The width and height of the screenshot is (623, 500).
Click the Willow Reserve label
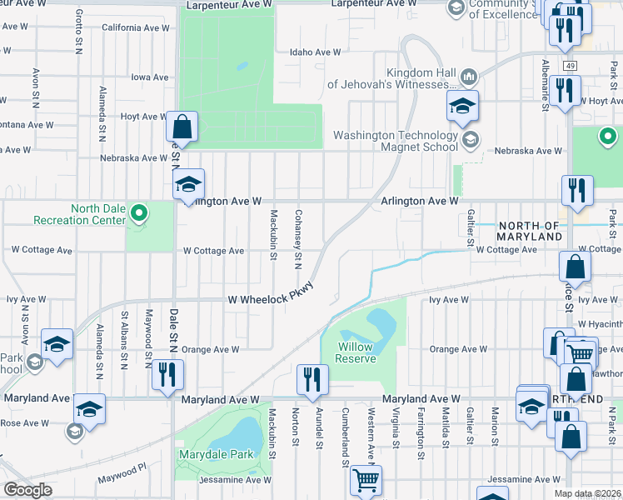point(356,352)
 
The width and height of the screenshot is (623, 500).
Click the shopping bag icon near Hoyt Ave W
point(182,127)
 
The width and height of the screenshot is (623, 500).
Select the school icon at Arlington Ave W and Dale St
point(189,184)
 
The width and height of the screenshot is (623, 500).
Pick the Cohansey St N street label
point(297,238)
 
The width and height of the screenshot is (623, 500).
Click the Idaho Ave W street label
point(315,52)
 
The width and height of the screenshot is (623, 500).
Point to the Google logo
point(27,489)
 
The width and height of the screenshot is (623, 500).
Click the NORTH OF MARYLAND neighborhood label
point(529,232)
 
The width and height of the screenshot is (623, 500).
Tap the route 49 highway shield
point(569,65)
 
